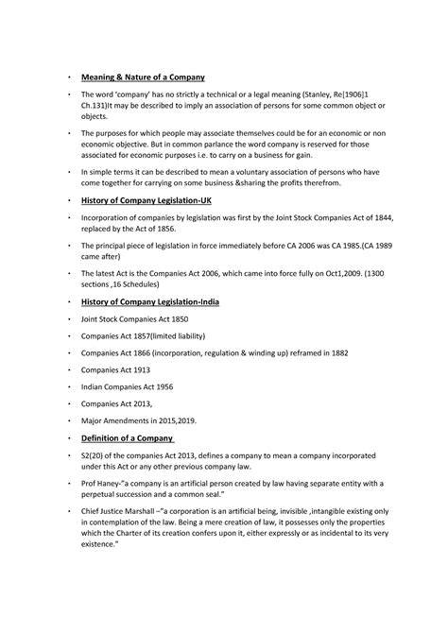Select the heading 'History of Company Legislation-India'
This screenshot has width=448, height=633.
[x=156, y=301]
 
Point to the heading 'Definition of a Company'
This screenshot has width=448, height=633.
[x=127, y=439]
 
